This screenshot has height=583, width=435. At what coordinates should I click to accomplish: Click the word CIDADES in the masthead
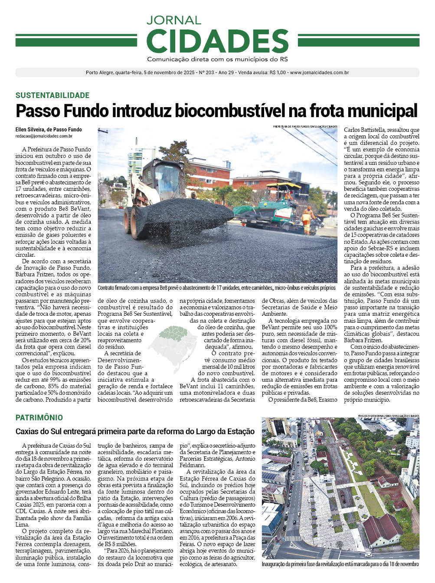coord(217,42)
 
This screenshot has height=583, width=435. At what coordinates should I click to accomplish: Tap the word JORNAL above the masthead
coord(174,20)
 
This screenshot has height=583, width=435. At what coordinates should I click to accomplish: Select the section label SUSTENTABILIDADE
coord(52,95)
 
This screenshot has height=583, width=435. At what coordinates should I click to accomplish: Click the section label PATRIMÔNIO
coord(39,418)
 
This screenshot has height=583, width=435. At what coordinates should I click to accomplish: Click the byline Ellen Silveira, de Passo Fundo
coord(49,130)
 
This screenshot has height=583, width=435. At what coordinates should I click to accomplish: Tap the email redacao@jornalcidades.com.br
coord(44,136)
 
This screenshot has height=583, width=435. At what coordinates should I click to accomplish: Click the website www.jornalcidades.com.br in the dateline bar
coord(319,73)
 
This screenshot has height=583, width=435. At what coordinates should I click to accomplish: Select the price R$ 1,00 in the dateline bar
coord(278,73)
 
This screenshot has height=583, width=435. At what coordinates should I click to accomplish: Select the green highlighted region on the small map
coord(173,333)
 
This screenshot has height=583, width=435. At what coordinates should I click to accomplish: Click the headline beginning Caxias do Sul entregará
coord(135,432)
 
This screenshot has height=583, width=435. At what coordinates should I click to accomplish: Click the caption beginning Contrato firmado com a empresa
coord(216,288)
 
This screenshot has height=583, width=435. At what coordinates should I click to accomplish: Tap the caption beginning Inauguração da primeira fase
coord(340,564)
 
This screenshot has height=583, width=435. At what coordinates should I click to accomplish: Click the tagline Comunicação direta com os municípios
coord(217,59)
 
